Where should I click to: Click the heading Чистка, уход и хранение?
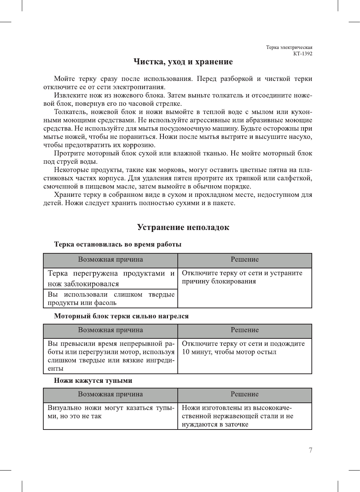(183, 62)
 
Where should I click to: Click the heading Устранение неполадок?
(183, 227)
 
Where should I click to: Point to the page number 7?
(310, 450)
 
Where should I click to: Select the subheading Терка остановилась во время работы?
(117, 244)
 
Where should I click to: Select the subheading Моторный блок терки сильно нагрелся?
(121, 316)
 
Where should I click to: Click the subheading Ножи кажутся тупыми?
(93, 381)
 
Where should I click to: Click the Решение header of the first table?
(244, 259)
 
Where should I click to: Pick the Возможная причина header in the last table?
(110, 394)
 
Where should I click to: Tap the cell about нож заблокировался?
(111, 279)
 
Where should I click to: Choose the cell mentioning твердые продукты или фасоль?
(111, 299)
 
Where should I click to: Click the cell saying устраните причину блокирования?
(242, 277)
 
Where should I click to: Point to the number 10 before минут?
(186, 352)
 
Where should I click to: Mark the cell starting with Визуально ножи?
(111, 412)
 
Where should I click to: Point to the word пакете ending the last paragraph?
(224, 203)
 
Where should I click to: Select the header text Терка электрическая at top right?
(289, 47)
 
